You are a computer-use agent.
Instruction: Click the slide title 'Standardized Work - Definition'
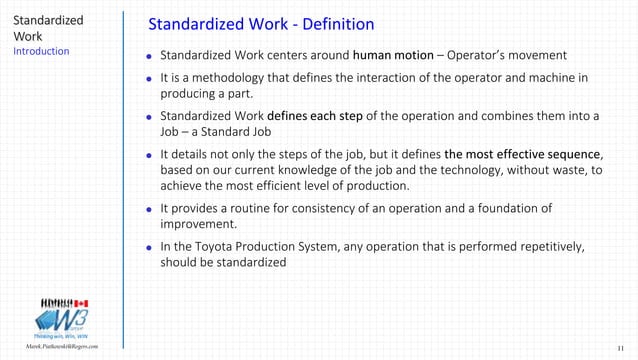coord(260,23)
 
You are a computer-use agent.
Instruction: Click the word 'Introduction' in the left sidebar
coord(41,51)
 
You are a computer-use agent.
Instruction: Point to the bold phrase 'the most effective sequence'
coord(523,154)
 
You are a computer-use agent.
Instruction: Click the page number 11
coord(620,347)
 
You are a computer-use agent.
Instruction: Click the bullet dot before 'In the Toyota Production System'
coord(149,246)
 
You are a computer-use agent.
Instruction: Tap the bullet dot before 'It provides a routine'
coord(149,209)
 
